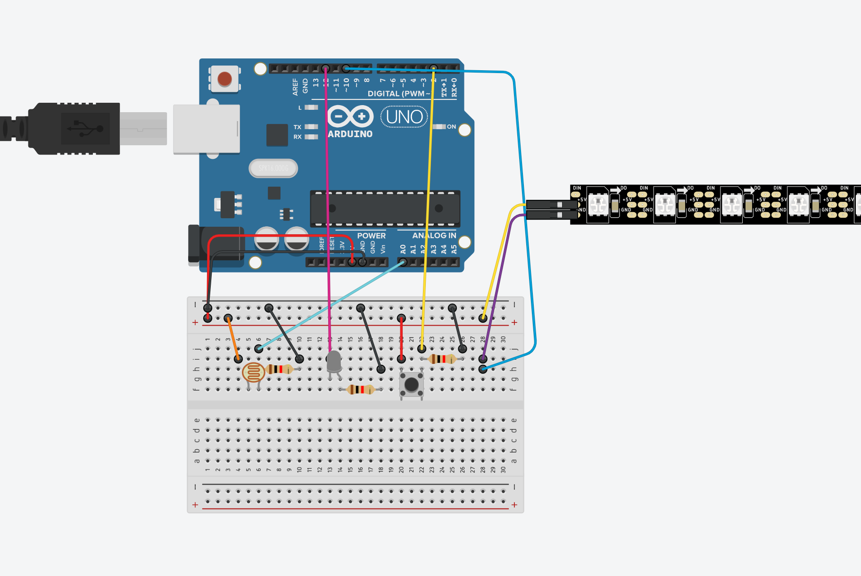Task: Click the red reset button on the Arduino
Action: point(224,79)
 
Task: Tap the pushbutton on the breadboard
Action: point(412,385)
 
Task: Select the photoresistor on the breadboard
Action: point(253,373)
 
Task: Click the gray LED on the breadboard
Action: point(334,362)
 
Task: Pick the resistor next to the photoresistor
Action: point(280,369)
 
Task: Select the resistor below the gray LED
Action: point(360,390)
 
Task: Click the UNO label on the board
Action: point(404,117)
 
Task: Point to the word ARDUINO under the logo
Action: point(350,134)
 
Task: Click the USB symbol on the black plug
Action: point(85,128)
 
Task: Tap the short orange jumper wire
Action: point(233,338)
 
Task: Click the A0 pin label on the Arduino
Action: point(403,248)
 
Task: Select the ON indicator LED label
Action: point(451,127)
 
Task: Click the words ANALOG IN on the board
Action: point(434,236)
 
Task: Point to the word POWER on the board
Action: point(371,236)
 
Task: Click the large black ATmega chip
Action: point(385,208)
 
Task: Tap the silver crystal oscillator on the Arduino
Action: point(273,168)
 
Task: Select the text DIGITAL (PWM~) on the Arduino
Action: point(399,94)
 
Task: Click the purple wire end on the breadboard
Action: point(483,359)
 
